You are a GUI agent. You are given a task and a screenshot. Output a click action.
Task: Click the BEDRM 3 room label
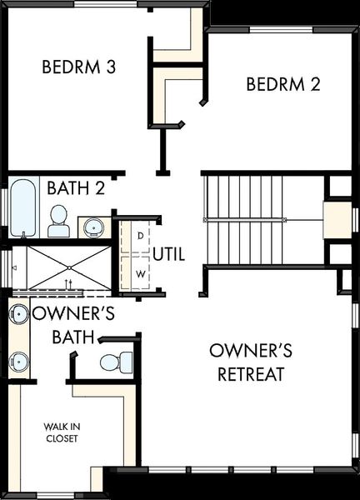click(78, 67)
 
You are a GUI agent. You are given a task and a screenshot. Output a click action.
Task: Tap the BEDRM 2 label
click(284, 83)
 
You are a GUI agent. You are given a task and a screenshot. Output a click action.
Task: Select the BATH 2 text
click(76, 188)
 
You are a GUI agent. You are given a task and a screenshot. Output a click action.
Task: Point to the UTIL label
click(169, 253)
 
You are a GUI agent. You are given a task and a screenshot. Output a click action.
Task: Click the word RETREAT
click(252, 374)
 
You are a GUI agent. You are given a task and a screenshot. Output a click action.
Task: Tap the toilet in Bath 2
click(58, 220)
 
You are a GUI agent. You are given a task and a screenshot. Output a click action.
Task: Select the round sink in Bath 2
click(92, 227)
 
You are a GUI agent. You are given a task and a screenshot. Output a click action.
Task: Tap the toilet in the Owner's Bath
click(114, 362)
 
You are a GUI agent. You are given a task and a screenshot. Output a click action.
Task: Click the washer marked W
click(139, 273)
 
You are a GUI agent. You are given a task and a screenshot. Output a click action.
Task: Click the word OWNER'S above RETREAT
click(251, 349)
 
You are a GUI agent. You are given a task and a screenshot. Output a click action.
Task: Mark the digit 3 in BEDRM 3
click(109, 67)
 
